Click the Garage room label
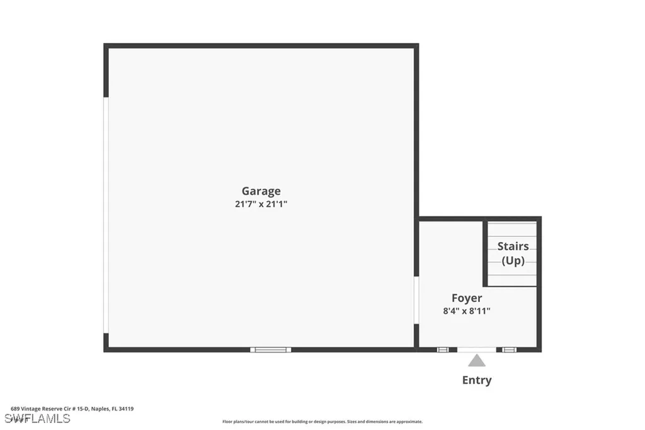pyautogui.click(x=261, y=191)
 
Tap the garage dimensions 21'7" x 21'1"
pyautogui.click(x=261, y=204)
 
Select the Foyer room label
pyautogui.click(x=467, y=298)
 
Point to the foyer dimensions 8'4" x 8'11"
pyautogui.click(x=467, y=311)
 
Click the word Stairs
pyautogui.click(x=513, y=247)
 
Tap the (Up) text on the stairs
pyautogui.click(x=513, y=260)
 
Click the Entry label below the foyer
pyautogui.click(x=477, y=380)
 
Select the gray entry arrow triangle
pyautogui.click(x=477, y=361)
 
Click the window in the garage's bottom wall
pyautogui.click(x=270, y=349)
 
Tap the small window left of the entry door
pyautogui.click(x=443, y=349)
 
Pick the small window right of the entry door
pyautogui.click(x=509, y=349)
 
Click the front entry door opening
pyautogui.click(x=477, y=349)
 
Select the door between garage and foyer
pyautogui.click(x=416, y=300)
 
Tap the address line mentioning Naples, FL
pyautogui.click(x=72, y=409)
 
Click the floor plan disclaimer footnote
pyautogui.click(x=322, y=421)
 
